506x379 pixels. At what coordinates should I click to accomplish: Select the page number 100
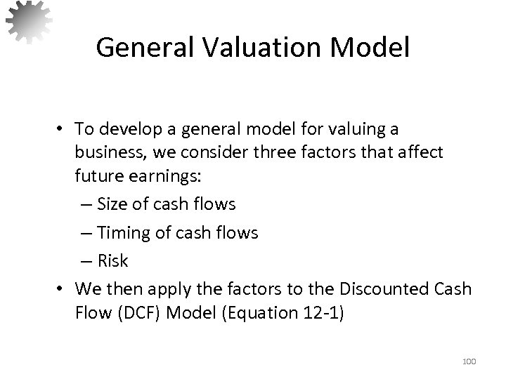(469, 361)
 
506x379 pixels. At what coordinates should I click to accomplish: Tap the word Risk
(113, 261)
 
